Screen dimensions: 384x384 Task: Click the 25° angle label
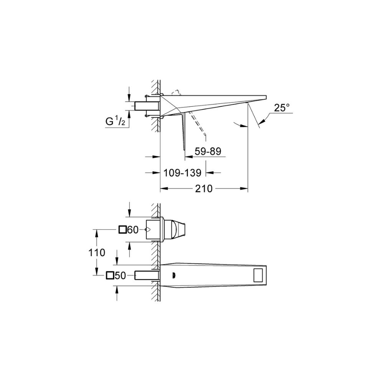click(281, 108)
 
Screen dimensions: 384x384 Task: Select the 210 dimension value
click(204, 189)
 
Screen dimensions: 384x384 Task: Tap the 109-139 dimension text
click(182, 173)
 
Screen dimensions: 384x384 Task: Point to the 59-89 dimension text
click(208, 151)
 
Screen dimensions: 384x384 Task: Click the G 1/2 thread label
click(115, 121)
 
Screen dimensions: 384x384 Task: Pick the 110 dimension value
click(97, 253)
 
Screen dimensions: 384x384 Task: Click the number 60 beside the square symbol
click(133, 230)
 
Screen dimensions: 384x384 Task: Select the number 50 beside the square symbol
click(120, 276)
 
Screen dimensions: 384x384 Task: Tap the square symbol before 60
click(122, 230)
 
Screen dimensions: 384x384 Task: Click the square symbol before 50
click(110, 276)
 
